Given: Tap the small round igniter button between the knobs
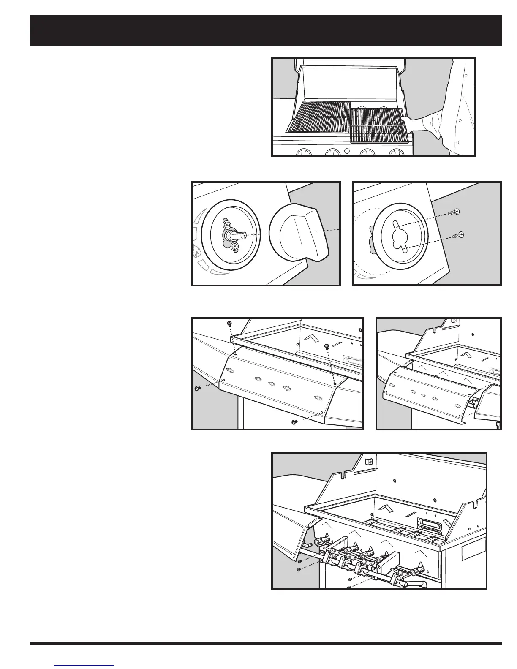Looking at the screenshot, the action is (346, 151).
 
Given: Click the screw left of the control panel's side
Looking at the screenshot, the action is (197, 389).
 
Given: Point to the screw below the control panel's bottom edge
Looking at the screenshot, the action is (295, 422).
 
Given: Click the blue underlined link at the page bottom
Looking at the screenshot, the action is (84, 665).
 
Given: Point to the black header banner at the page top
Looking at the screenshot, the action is (266, 30).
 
